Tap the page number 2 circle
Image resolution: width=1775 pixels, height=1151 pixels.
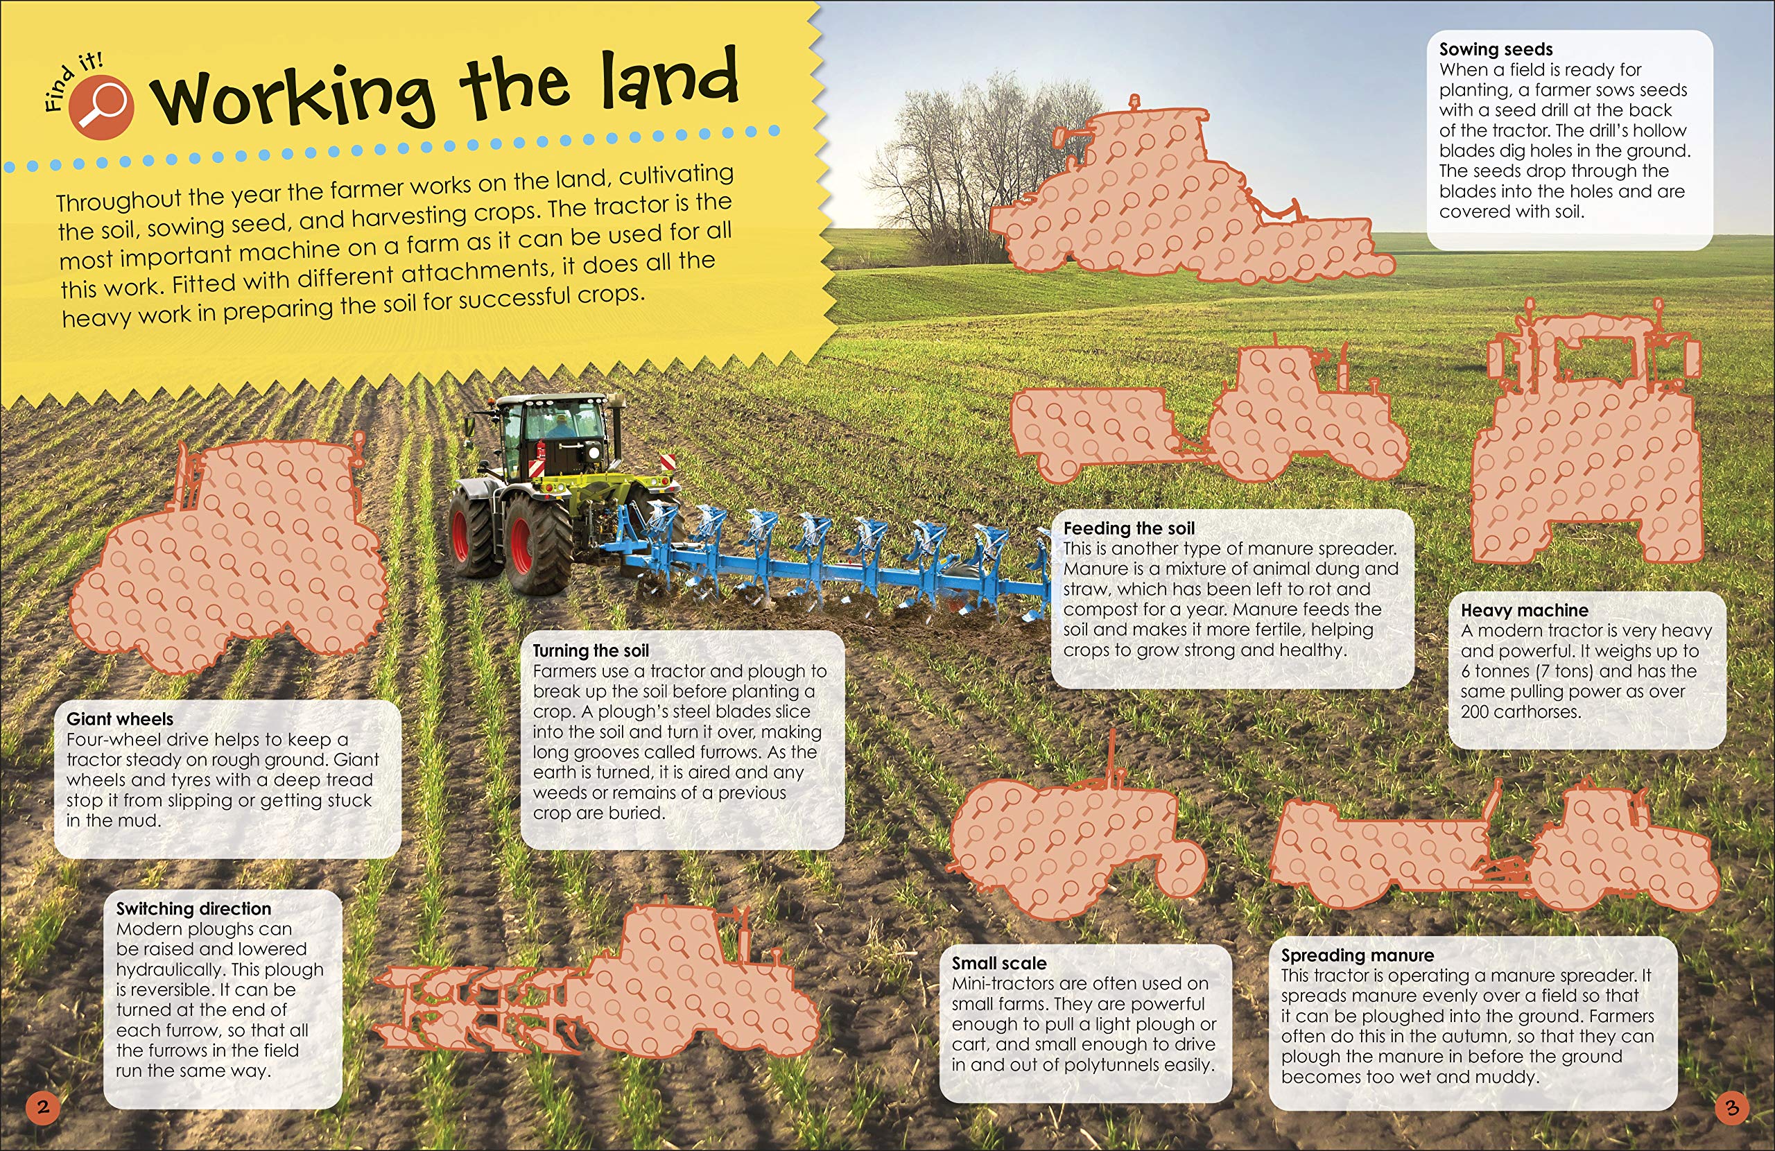point(42,1106)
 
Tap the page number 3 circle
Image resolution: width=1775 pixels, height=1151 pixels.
point(1732,1108)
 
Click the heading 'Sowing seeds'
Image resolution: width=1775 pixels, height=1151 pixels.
point(1496,49)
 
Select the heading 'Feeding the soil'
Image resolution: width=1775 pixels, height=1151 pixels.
point(1128,528)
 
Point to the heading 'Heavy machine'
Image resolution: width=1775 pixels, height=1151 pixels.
point(1524,610)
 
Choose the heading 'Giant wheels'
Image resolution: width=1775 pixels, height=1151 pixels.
point(119,719)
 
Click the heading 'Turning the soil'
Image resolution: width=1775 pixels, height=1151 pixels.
point(590,650)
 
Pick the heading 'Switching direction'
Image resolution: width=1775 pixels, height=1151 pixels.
point(193,908)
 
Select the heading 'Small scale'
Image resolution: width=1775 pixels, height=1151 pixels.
point(998,963)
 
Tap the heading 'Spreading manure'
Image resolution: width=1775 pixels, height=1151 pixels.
point(1358,955)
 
